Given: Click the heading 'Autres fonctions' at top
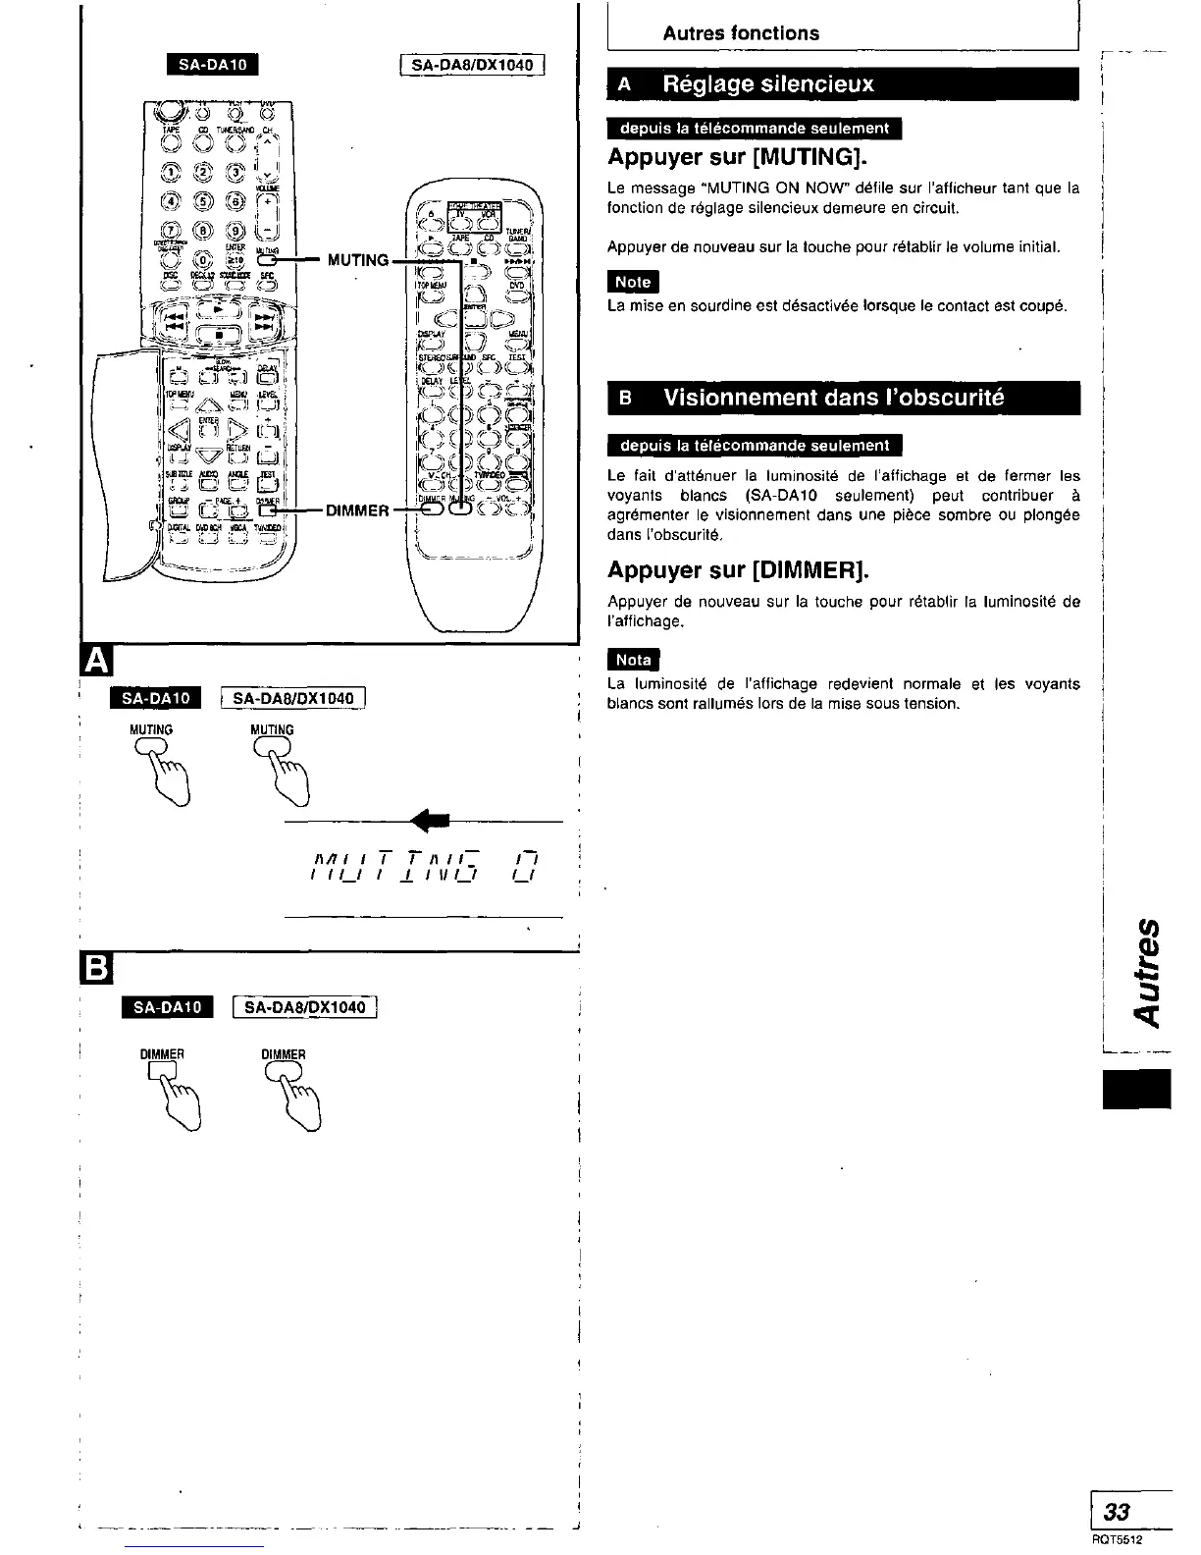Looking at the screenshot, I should (x=741, y=33).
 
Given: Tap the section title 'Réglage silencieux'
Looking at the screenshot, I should (x=768, y=84).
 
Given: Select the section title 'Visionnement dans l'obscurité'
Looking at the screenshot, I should (x=834, y=398).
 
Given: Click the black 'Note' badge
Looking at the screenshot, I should (x=633, y=282).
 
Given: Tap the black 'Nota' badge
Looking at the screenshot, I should (x=634, y=660).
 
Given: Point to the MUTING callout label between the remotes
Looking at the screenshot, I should (x=358, y=260).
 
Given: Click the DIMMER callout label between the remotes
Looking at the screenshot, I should (x=358, y=509).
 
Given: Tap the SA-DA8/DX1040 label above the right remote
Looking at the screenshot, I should (x=472, y=66).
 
